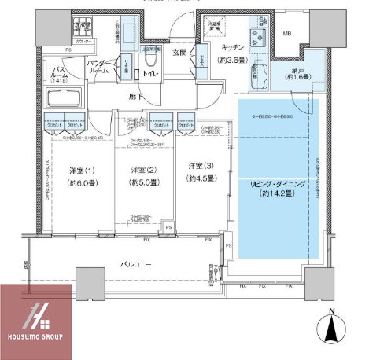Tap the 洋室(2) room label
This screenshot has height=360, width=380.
coord(142,171)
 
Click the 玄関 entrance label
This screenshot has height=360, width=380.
coord(180,53)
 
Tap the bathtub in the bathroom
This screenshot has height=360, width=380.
coord(62,101)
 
